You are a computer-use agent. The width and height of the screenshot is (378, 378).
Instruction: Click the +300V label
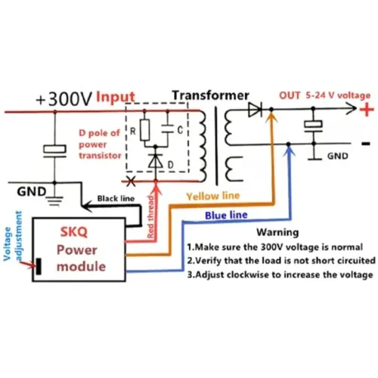64,99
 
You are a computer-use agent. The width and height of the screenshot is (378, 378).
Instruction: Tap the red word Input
116,97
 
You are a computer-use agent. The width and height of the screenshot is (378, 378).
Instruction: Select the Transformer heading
210,95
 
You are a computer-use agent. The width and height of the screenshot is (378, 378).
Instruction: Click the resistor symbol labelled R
144,130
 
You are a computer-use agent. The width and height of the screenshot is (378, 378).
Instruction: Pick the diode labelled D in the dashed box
156,161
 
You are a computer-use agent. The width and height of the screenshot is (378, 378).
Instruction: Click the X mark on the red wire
131,181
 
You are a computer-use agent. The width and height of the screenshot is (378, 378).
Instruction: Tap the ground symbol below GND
55,198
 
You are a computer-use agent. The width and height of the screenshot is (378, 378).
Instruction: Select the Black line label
116,199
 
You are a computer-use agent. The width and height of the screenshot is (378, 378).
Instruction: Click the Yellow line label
213,196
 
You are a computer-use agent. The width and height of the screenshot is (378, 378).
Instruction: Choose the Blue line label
226,215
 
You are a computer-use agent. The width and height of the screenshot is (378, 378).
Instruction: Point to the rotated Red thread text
150,217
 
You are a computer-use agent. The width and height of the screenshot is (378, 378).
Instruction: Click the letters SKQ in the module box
74,231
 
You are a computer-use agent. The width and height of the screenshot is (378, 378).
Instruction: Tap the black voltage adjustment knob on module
39,266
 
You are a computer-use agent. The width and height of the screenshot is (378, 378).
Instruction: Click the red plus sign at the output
367,110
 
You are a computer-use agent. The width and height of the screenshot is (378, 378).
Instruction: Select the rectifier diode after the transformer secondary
255,109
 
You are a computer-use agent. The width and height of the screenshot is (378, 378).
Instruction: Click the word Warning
277,232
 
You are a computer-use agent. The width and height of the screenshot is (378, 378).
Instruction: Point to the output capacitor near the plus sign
313,126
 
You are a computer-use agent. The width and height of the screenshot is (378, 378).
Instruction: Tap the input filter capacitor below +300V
55,150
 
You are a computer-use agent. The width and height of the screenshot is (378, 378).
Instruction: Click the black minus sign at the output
366,144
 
